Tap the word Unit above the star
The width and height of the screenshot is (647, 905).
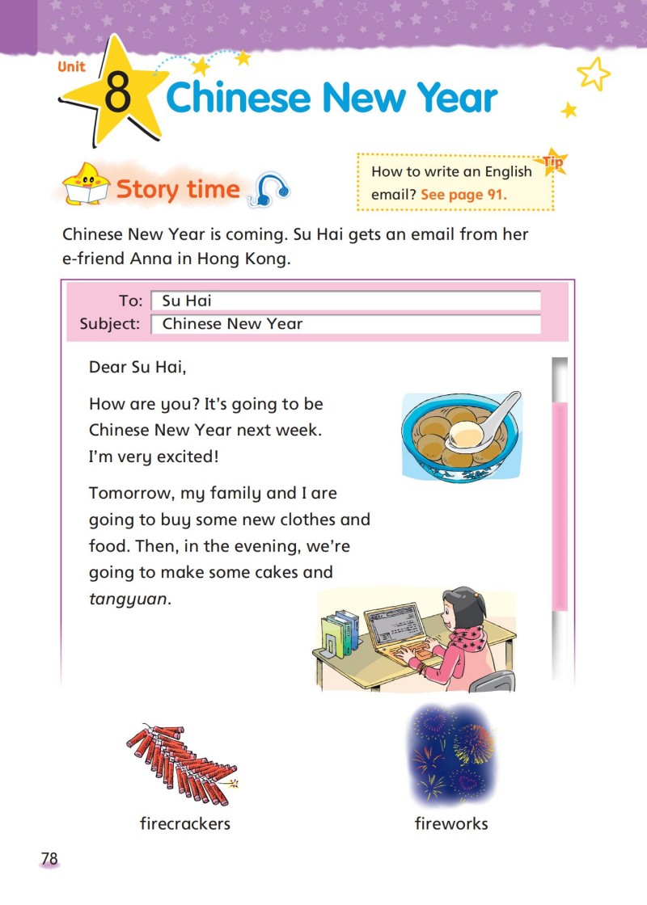[x=71, y=66]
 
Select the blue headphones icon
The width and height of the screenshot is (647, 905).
[x=271, y=191]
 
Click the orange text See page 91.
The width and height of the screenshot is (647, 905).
[x=463, y=195]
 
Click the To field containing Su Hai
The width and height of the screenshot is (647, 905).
[x=345, y=301]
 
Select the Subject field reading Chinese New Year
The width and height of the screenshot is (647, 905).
[x=345, y=324]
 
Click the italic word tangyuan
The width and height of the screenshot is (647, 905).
[x=129, y=599]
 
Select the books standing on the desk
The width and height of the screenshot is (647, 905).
[x=340, y=634]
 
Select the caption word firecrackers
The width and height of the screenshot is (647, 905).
[x=185, y=823]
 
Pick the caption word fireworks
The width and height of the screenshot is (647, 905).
[x=451, y=823]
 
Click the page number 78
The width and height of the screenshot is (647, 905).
[x=49, y=859]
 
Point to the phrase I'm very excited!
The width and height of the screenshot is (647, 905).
[x=154, y=457]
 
